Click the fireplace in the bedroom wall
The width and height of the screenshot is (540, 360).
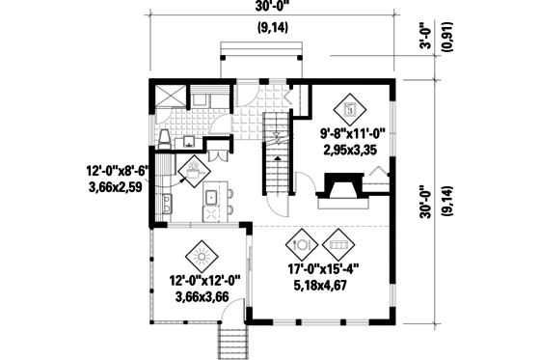point(339,187)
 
